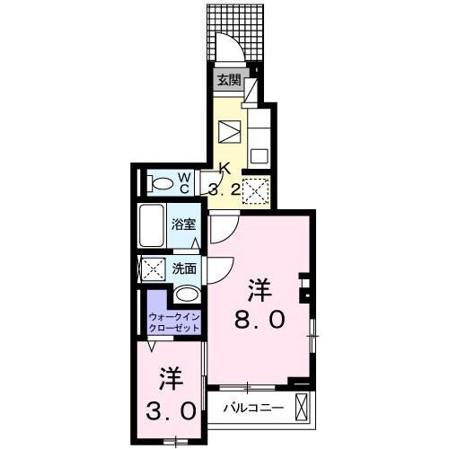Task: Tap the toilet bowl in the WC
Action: coord(163,184)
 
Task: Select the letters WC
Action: coord(182,183)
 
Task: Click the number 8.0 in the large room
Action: coord(260,319)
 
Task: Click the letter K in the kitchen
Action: coord(225,169)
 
